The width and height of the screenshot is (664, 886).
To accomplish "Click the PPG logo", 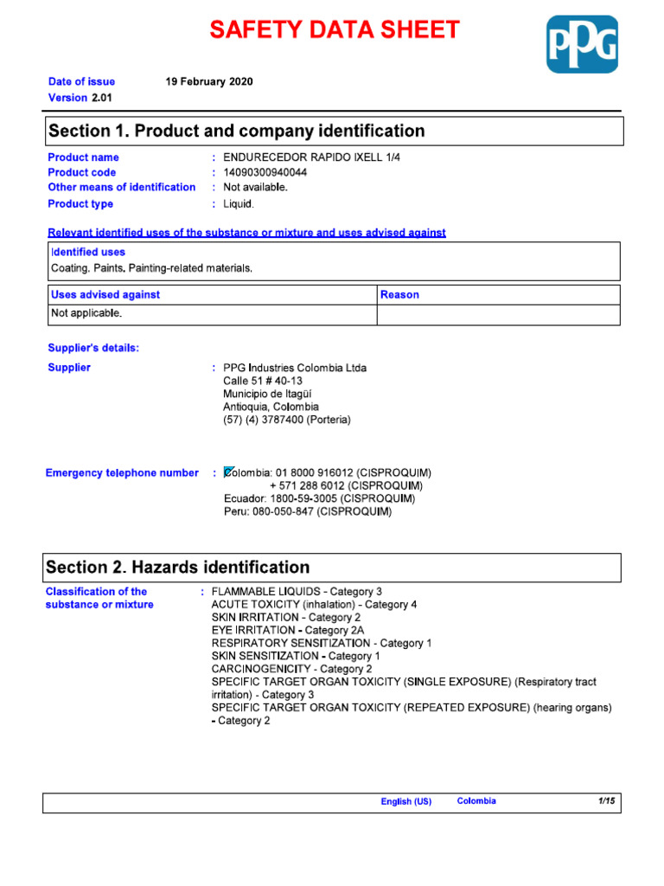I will point(582,44).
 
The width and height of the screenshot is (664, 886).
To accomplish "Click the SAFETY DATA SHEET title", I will point(335,30).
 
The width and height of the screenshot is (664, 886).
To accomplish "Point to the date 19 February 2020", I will point(209,81).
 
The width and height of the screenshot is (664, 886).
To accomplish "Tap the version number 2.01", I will point(102,98).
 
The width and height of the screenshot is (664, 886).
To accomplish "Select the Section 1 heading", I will point(237,132).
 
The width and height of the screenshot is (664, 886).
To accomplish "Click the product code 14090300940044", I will point(265,172).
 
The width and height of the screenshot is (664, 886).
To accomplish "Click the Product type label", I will point(80,204).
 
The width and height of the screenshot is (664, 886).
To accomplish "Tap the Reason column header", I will point(399,295).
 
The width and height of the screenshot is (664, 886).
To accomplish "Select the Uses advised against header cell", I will point(105,295).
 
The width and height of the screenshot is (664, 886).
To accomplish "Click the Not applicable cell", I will point(86,313).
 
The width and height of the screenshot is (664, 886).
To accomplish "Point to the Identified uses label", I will point(88,253).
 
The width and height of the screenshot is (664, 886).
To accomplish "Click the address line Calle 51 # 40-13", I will point(263,381).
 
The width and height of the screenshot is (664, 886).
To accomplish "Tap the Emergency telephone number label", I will point(122,473).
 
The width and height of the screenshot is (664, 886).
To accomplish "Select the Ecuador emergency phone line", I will point(319,499).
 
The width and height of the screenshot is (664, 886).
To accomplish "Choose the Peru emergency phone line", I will point(307,512).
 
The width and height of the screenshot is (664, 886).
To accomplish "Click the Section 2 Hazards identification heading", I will point(177,568).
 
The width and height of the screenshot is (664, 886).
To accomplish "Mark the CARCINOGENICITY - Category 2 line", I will point(291,669).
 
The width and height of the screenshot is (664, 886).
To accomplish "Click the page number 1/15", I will point(606,802).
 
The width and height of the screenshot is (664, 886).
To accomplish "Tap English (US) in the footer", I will point(405,802).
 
